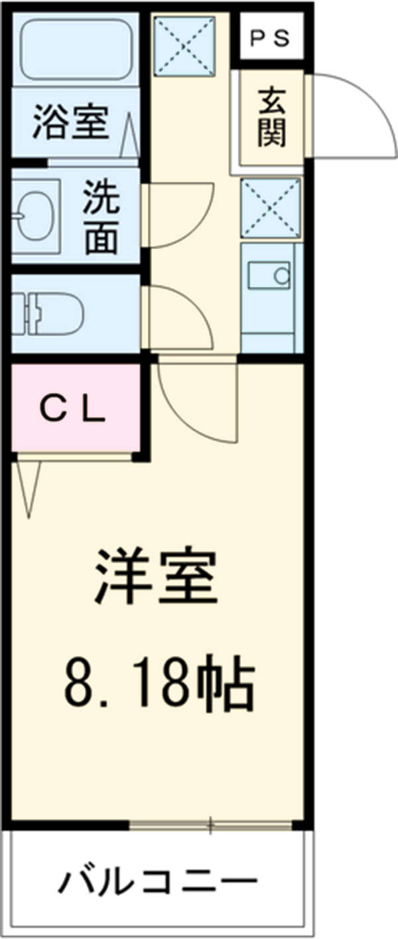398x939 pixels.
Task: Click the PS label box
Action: click(270, 38)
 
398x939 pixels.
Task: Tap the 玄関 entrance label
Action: click(272, 118)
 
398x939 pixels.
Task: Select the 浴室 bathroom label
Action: click(71, 124)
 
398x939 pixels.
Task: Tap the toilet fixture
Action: click(46, 313)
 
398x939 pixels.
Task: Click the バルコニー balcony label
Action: click(157, 883)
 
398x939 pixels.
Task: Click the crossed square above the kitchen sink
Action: click(270, 207)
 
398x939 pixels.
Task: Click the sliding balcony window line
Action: click(210, 826)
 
